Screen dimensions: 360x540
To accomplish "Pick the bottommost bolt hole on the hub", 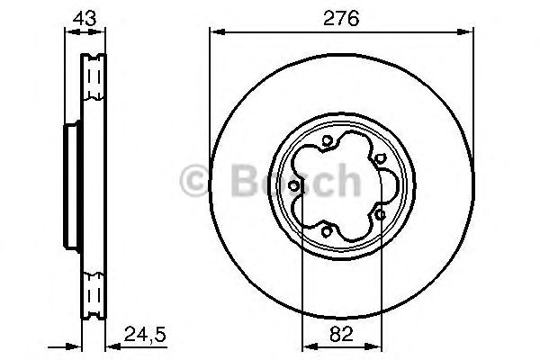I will (x=327, y=231).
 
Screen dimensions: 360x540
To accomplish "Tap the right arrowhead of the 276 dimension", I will (x=468, y=32).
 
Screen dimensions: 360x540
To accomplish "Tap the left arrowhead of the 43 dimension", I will (x=67, y=32).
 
